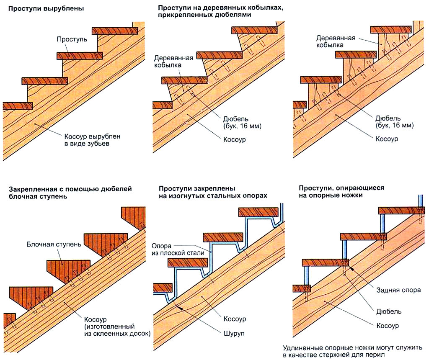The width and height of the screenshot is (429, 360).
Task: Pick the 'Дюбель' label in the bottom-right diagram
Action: (x=389, y=311)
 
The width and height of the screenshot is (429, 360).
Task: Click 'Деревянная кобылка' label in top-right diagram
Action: (x=336, y=41)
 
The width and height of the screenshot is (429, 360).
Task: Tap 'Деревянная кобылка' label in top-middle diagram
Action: (x=174, y=62)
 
